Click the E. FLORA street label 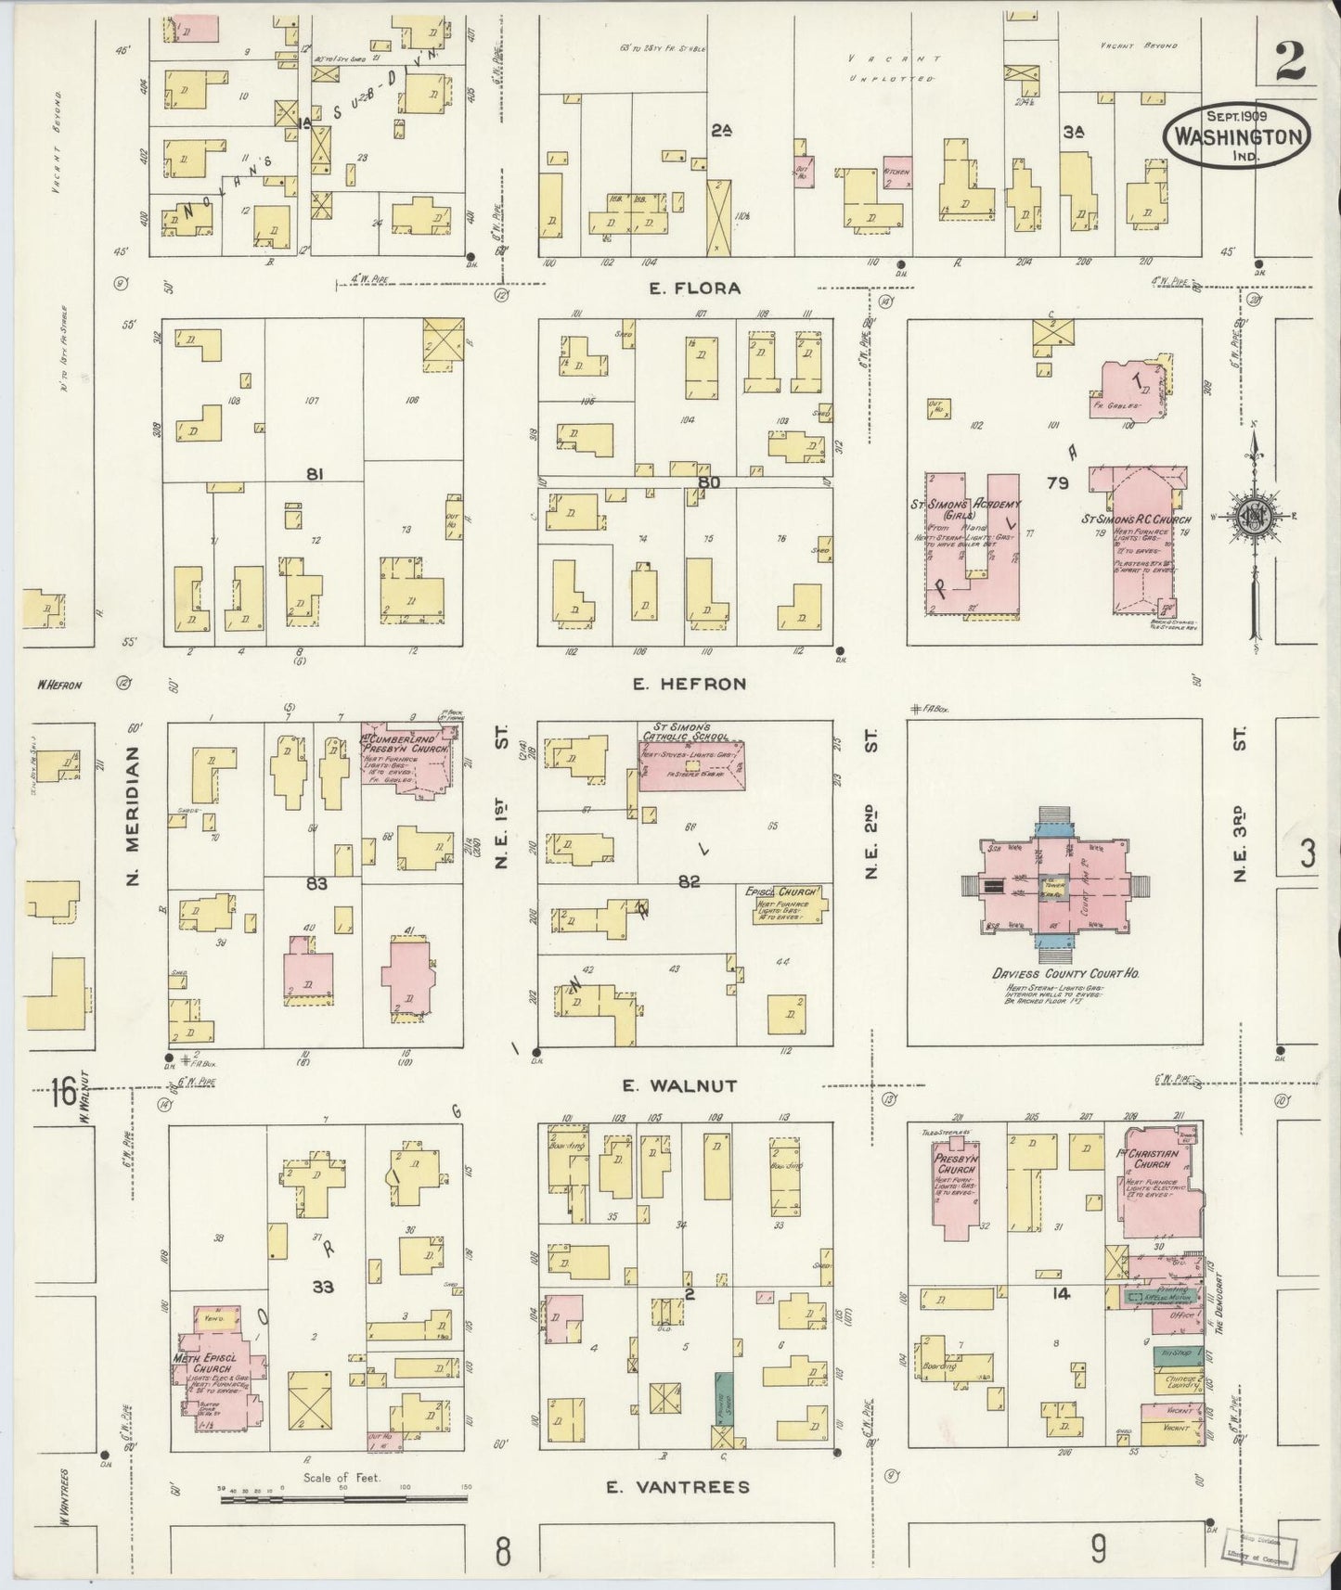coord(694,289)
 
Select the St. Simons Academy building coord(971,547)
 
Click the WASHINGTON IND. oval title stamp coord(1237,135)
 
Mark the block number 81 coord(316,474)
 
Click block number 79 coord(1057,482)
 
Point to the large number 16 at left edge coord(63,1092)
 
